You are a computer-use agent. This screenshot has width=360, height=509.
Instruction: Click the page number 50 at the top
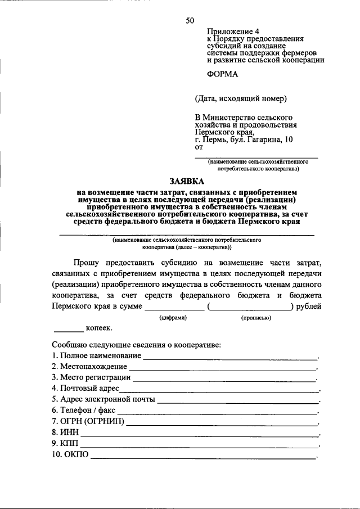click(190, 21)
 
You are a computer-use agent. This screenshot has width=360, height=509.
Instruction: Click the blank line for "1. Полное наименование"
click(230, 358)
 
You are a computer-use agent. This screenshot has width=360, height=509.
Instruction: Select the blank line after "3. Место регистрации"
click(224, 380)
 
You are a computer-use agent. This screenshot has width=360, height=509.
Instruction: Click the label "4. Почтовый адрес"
click(85, 389)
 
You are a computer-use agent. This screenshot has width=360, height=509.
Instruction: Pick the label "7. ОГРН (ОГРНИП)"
click(88, 422)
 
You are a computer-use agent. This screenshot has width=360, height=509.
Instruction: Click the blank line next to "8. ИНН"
click(199, 435)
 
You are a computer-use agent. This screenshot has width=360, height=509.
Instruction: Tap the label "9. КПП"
click(65, 444)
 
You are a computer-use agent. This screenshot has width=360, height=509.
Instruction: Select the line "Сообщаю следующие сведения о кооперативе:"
click(136, 344)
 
